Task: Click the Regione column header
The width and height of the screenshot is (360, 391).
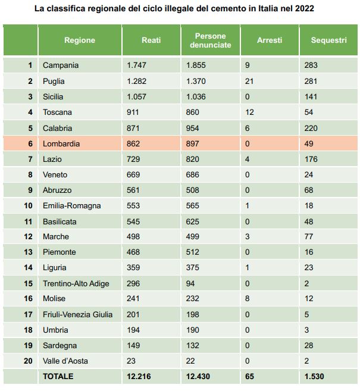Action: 80,40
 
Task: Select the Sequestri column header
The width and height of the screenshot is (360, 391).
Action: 328,40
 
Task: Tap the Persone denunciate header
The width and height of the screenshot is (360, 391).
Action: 211,40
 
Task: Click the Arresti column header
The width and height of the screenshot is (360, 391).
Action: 270,40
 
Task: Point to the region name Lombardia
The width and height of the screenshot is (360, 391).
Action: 61,143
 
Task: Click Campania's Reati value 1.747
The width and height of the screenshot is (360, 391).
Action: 136,65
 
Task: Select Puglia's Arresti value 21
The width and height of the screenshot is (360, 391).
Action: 249,81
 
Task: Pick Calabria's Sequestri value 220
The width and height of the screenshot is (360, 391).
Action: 311,128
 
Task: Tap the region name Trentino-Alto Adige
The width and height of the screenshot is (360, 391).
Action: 76,283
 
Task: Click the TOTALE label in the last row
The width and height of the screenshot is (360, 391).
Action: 58,376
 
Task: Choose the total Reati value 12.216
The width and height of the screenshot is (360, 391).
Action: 139,376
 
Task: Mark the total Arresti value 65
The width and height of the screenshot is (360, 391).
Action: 249,376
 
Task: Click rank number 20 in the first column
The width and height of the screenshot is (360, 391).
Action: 28,361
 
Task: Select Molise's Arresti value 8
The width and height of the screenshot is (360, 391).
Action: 247,299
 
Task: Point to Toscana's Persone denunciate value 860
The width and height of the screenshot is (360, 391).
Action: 192,112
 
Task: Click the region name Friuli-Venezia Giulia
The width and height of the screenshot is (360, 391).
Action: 77,314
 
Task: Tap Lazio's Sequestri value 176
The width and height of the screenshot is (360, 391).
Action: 311,159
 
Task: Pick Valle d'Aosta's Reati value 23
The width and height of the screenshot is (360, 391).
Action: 131,361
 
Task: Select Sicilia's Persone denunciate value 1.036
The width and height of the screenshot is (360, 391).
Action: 196,97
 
